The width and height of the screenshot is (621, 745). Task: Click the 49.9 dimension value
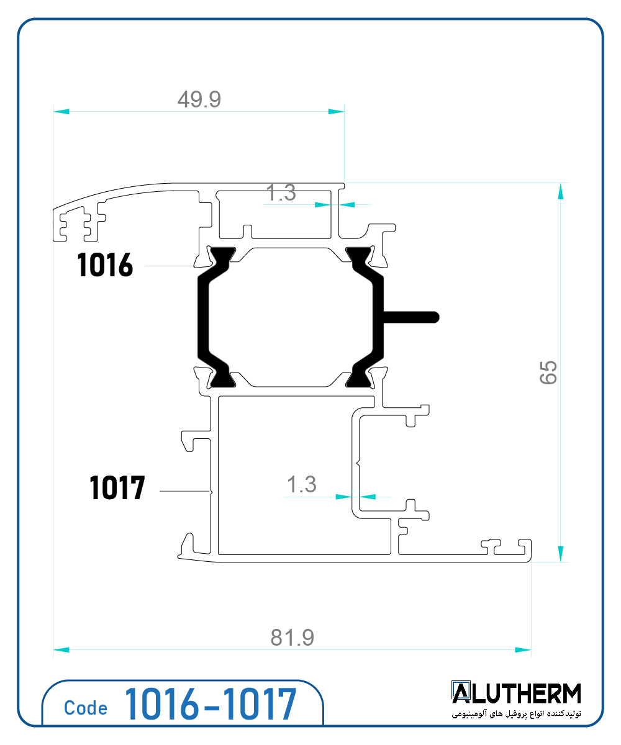click(199, 99)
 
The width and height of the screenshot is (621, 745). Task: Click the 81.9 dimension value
click(292, 638)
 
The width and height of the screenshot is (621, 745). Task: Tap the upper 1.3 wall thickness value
click(281, 193)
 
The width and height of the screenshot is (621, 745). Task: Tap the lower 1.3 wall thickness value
click(301, 484)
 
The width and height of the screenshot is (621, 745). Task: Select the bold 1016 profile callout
click(105, 266)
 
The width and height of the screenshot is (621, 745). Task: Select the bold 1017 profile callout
click(117, 488)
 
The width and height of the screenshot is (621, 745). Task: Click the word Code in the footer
click(85, 708)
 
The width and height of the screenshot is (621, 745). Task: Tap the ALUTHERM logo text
click(516, 693)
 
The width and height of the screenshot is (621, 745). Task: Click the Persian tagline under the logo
click(516, 715)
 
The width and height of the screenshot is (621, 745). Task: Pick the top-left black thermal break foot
click(222, 254)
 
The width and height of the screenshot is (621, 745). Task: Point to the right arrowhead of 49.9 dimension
click(336, 112)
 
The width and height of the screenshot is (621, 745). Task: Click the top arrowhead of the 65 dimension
click(561, 191)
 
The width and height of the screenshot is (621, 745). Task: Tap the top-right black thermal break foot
click(358, 254)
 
